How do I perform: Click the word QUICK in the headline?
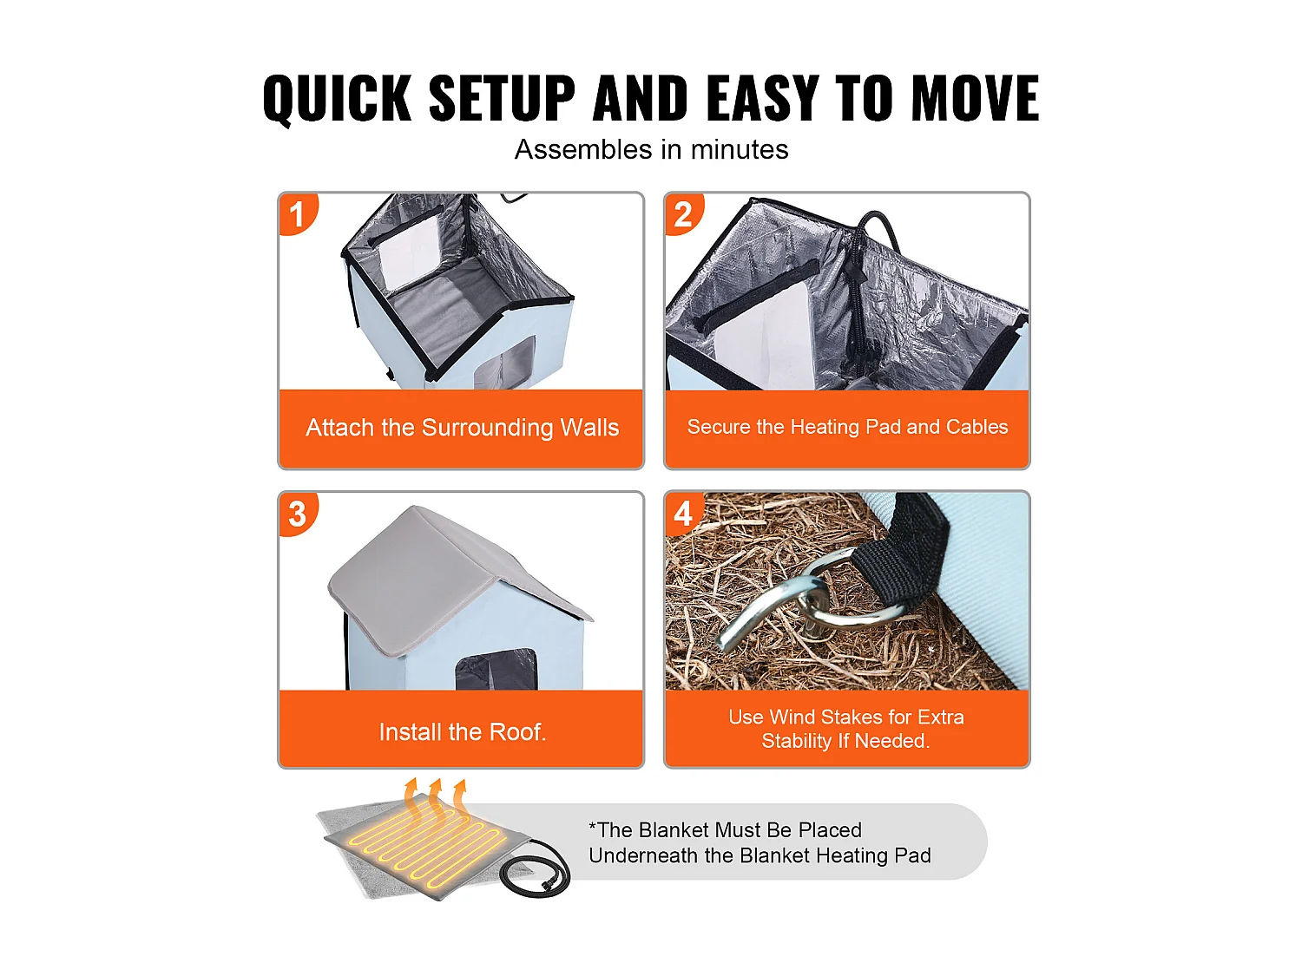[336, 99]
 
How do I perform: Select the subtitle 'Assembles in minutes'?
[651, 149]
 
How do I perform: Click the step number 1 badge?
[297, 214]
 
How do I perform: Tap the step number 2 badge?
[683, 214]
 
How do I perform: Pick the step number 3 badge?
[297, 514]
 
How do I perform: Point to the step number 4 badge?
[683, 514]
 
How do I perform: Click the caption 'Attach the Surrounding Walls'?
[462, 427]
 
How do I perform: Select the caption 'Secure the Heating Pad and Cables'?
[848, 427]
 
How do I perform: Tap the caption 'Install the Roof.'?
[462, 732]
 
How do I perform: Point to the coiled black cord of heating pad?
[535, 871]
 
